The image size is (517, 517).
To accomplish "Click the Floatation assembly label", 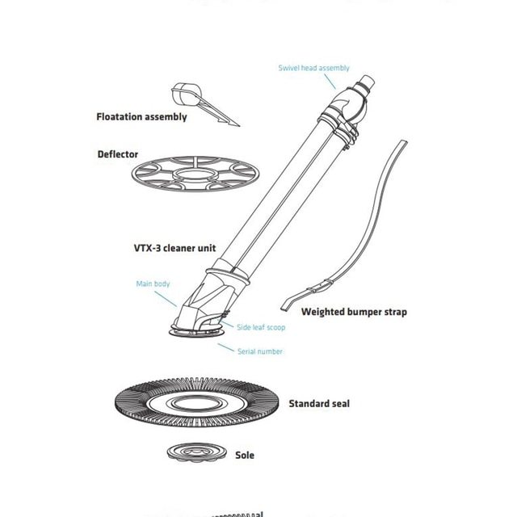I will pyautogui.click(x=141, y=117).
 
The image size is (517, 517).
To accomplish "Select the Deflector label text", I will pyautogui.click(x=118, y=154).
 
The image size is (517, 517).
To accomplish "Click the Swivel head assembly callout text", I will pyautogui.click(x=313, y=69).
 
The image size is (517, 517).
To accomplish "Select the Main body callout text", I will pyautogui.click(x=153, y=284).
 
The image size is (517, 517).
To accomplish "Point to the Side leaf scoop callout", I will pyautogui.click(x=260, y=327).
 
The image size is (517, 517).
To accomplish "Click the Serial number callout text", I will pyautogui.click(x=260, y=351).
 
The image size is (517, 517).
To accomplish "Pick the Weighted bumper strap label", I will pyautogui.click(x=354, y=312).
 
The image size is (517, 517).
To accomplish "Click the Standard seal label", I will pyautogui.click(x=319, y=403).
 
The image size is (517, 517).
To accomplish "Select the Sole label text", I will pyautogui.click(x=244, y=455).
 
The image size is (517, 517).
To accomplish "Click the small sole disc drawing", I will pyautogui.click(x=195, y=451).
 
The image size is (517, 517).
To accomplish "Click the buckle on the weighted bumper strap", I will pyautogui.click(x=326, y=284).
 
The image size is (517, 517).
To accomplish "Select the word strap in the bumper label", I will pyautogui.click(x=393, y=312).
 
